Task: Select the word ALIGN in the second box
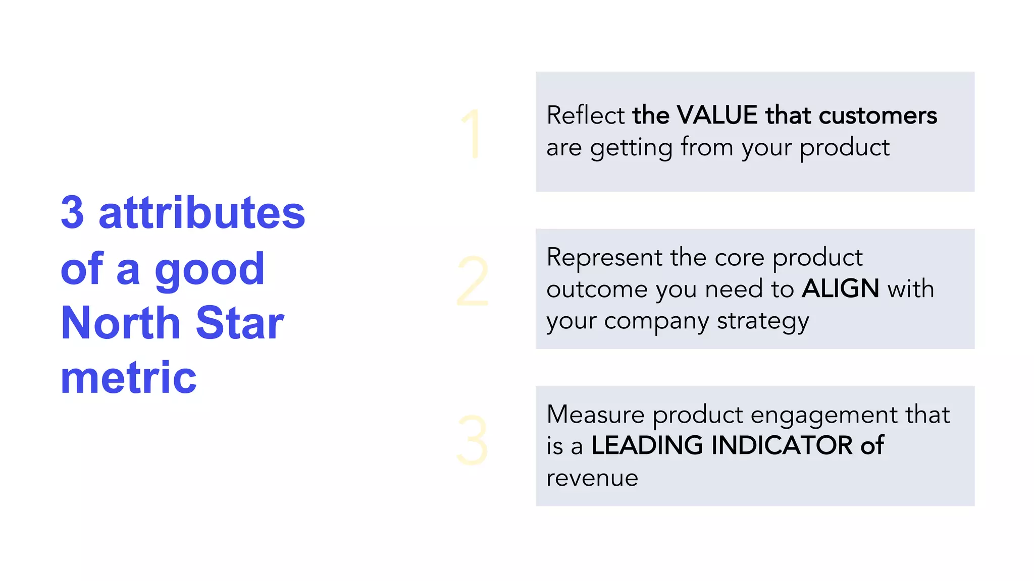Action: pyautogui.click(x=841, y=288)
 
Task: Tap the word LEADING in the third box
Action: pyautogui.click(x=647, y=445)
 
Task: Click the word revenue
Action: pyautogui.click(x=592, y=478)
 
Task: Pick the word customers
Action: pyautogui.click(x=878, y=115)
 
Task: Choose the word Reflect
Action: pyautogui.click(x=586, y=115)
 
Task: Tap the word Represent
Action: pyautogui.click(x=604, y=257)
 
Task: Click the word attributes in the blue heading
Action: pyautogui.click(x=202, y=213)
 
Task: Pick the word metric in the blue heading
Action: pyautogui.click(x=129, y=378)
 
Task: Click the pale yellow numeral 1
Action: pyautogui.click(x=472, y=134)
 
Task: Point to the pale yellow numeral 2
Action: pyautogui.click(x=473, y=281)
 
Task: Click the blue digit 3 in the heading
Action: pyautogui.click(x=72, y=213)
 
